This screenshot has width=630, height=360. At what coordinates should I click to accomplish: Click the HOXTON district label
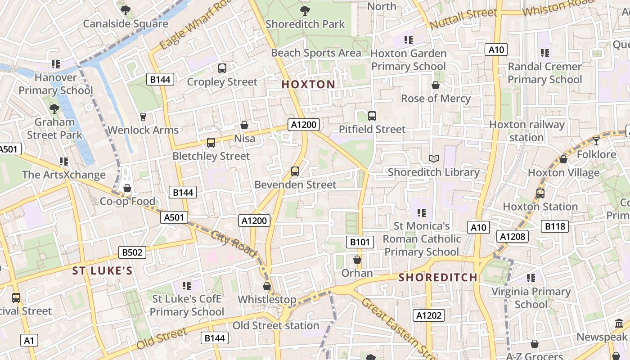point(308,84)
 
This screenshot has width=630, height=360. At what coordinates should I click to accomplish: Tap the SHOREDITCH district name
point(438,277)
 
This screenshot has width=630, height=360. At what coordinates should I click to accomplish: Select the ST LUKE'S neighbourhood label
point(103,270)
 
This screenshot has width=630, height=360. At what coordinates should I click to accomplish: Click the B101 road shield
point(360,242)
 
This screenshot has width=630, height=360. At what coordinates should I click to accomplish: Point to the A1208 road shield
point(513,236)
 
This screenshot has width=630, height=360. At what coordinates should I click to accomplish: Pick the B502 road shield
point(132,252)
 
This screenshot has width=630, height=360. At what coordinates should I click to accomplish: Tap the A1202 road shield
point(429,315)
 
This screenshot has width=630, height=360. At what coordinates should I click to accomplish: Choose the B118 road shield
point(555,226)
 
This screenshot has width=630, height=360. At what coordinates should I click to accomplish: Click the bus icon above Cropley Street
point(222,68)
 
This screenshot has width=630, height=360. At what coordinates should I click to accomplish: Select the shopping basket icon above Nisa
point(244,125)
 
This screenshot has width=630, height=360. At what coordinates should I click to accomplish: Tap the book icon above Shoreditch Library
point(434,159)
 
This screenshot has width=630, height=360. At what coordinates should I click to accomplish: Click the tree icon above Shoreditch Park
point(305,10)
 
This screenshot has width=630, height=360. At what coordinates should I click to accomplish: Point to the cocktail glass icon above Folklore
point(596,141)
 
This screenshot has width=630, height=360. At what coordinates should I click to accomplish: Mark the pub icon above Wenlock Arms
point(143,117)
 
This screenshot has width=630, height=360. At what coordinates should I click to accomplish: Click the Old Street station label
point(276,325)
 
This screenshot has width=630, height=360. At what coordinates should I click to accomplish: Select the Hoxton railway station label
point(526,131)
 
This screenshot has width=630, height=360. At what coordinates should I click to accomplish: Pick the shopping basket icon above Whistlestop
point(267,286)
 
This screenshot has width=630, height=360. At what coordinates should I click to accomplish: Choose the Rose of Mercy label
point(436,99)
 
